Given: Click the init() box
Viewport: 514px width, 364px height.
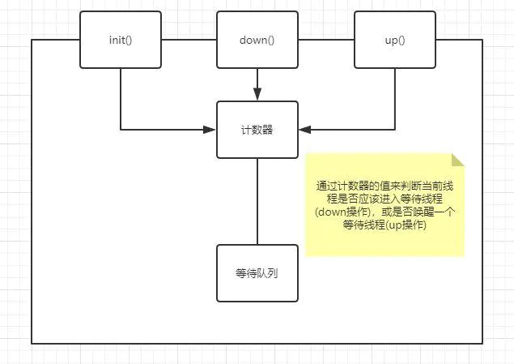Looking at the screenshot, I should click(120, 40).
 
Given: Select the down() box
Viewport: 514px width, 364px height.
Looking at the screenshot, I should click(257, 40).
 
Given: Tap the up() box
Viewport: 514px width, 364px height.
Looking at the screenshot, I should click(395, 40).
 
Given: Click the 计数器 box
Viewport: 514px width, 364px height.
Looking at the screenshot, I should click(257, 130).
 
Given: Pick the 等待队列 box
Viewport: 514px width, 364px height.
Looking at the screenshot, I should click(257, 273).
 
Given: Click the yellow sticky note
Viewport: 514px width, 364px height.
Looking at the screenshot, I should click(384, 204).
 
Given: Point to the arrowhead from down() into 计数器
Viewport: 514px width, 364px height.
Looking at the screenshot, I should click(257, 95).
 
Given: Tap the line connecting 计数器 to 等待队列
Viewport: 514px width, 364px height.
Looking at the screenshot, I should click(257, 201).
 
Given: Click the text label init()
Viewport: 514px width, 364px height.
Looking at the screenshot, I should click(120, 40).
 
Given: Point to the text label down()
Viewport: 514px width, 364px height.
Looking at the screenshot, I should click(257, 40).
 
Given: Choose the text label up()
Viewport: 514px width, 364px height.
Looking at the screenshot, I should click(395, 40).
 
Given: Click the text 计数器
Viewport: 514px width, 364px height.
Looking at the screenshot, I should click(257, 130).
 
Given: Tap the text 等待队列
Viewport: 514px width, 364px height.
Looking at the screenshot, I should click(257, 273).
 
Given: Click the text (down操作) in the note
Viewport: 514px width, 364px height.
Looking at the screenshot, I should click(341, 212).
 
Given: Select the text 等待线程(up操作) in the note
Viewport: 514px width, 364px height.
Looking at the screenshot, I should click(384, 225).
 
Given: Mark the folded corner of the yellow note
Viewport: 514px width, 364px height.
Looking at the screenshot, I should click(458, 160).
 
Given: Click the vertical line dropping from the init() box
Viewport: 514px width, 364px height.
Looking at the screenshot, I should click(121, 97).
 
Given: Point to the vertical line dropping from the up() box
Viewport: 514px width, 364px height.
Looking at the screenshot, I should click(395, 97).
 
